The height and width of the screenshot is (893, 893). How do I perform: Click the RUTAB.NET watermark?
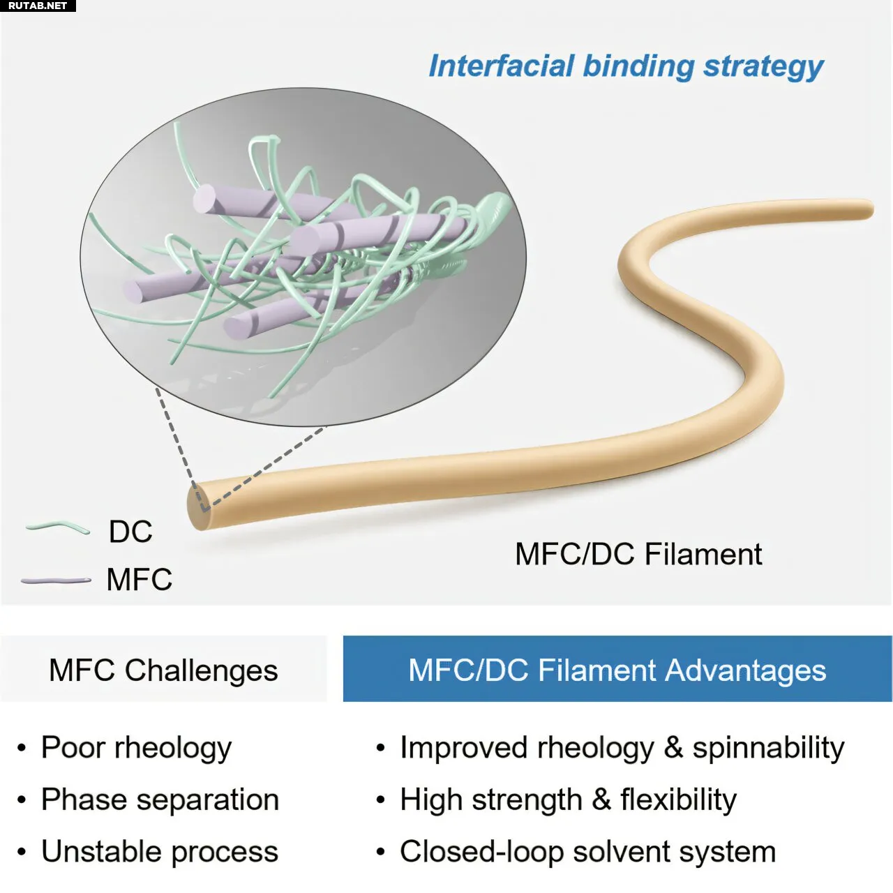(x=37, y=6)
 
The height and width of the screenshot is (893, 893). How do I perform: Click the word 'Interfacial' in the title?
(x=500, y=66)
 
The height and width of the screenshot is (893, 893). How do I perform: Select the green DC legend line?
(x=58, y=528)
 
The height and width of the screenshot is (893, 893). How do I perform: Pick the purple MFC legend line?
(x=56, y=580)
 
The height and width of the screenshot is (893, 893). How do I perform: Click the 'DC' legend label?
(x=130, y=532)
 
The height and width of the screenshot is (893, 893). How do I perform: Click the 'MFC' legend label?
(x=139, y=580)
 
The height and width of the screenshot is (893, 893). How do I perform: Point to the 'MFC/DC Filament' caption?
(x=638, y=555)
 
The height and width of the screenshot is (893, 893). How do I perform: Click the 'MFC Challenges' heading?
(x=163, y=670)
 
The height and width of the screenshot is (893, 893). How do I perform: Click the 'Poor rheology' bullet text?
(x=136, y=748)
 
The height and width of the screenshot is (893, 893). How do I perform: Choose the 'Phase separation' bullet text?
(x=160, y=800)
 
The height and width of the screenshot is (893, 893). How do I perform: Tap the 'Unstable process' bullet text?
(x=159, y=852)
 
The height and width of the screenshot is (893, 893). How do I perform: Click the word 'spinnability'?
(x=767, y=749)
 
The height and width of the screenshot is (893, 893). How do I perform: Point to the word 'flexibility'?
(x=678, y=800)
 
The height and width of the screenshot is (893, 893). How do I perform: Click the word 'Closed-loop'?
(x=481, y=852)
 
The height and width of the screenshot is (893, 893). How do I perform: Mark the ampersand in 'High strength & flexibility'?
(x=601, y=800)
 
